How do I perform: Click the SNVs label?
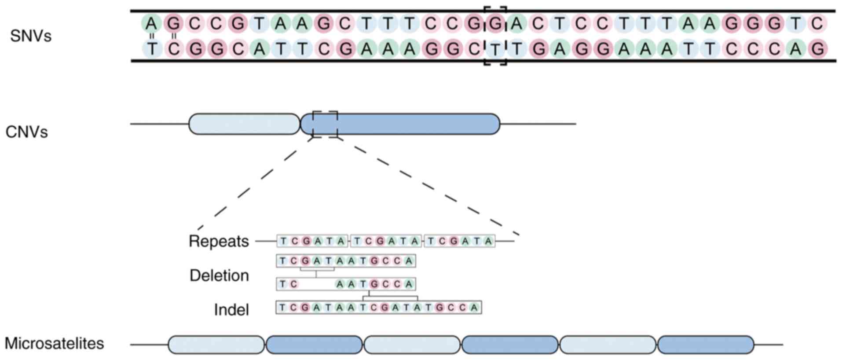click(31, 36)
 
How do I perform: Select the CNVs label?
click(26, 132)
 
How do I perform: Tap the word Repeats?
click(219, 242)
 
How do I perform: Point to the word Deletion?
click(219, 276)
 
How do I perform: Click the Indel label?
click(231, 310)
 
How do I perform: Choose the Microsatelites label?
click(54, 343)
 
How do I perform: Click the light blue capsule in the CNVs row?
click(244, 124)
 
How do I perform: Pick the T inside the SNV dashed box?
click(495, 49)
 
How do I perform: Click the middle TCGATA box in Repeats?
click(386, 241)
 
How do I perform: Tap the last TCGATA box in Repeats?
click(459, 241)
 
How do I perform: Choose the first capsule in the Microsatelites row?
click(216, 345)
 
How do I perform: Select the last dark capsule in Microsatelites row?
click(705, 345)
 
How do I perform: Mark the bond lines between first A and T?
click(152, 36)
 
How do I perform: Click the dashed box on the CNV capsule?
click(325, 125)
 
